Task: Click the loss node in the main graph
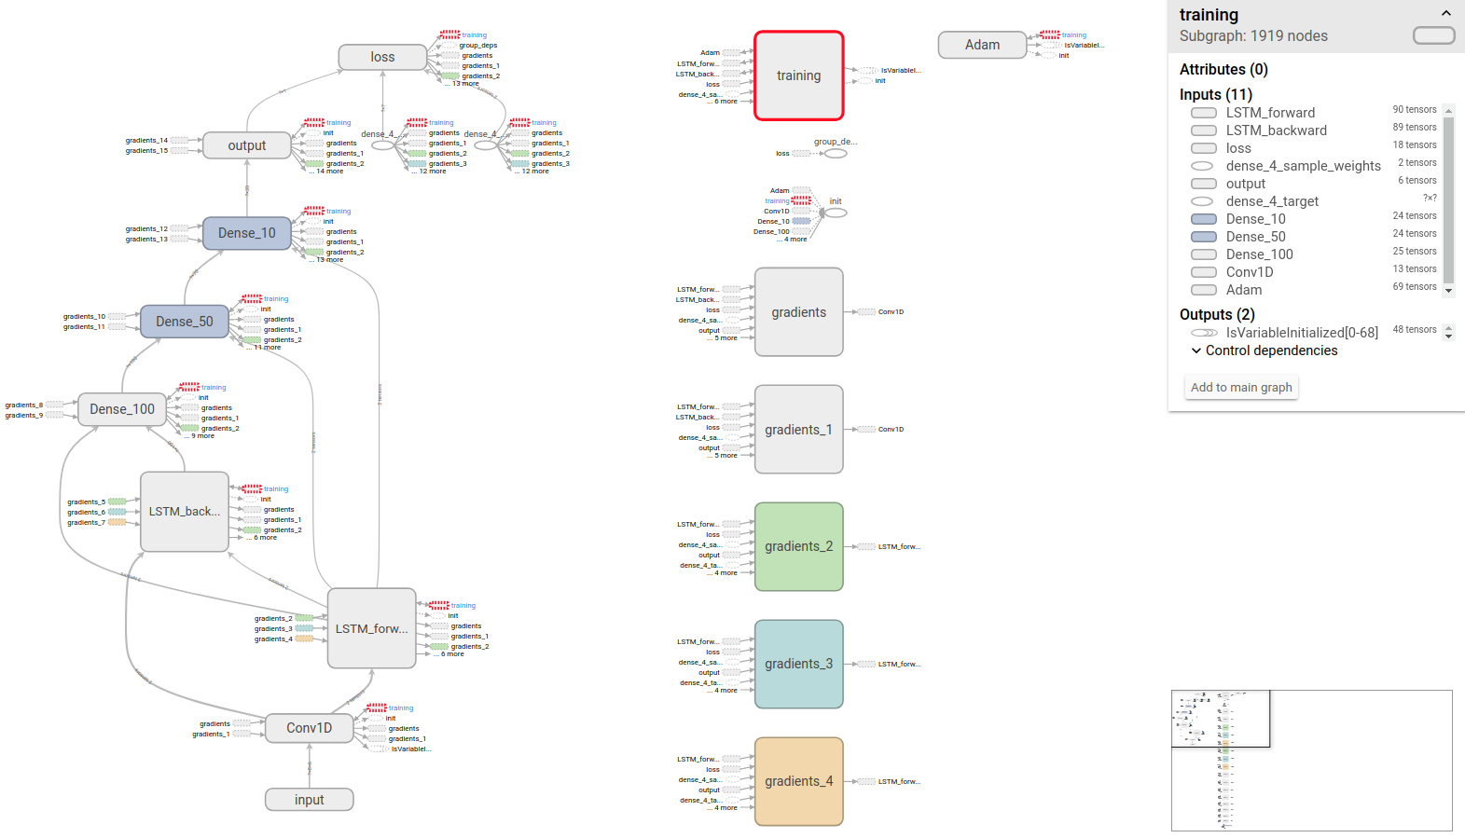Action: tap(382, 57)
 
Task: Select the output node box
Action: tap(246, 145)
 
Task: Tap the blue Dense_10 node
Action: tap(246, 233)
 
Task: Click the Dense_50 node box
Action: tap(184, 322)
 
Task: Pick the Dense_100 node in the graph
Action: tap(122, 409)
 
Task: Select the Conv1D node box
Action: tap(309, 728)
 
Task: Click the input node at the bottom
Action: tap(309, 800)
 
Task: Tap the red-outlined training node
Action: tap(798, 76)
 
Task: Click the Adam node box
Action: tap(982, 45)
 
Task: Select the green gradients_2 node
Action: tap(798, 546)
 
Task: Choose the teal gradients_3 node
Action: tap(798, 664)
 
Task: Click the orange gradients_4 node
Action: tap(798, 781)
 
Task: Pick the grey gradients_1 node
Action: tap(798, 430)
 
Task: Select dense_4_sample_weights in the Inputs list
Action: tap(1303, 166)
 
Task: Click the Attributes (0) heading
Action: tap(1223, 69)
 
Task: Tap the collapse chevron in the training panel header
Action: tap(1445, 13)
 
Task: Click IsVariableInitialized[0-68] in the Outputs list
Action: tap(1301, 333)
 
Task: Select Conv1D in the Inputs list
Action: tap(1249, 272)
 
